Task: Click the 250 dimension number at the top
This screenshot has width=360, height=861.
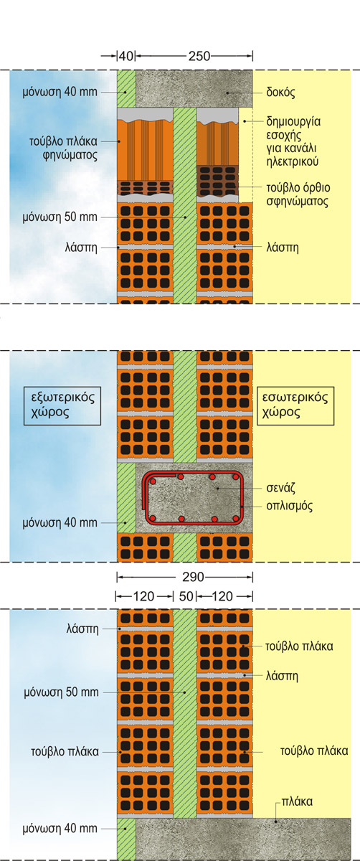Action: click(199, 56)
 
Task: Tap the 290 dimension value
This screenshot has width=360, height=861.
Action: click(193, 577)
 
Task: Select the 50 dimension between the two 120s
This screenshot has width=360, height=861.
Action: click(186, 596)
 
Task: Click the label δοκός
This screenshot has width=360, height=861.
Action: click(280, 93)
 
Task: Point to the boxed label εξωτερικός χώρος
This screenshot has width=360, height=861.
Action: click(62, 405)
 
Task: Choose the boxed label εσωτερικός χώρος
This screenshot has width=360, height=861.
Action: click(295, 405)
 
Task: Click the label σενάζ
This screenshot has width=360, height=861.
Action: click(281, 488)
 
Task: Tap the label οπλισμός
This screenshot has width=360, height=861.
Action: click(289, 506)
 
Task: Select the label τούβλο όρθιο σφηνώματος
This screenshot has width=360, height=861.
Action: click(298, 194)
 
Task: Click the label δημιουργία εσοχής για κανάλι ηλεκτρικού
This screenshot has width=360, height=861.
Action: click(293, 141)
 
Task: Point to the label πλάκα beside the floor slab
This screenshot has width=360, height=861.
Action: click(297, 801)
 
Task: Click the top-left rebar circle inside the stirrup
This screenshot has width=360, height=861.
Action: click(153, 481)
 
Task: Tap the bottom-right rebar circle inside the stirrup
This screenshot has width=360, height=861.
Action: click(235, 519)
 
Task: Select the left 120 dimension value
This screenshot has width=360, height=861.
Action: click(143, 596)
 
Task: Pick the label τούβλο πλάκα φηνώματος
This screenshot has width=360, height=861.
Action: click(63, 149)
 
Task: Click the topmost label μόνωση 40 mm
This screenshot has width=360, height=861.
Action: click(60, 93)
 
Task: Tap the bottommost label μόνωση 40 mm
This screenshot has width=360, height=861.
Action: click(60, 828)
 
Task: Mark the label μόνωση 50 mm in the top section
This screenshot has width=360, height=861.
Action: click(60, 217)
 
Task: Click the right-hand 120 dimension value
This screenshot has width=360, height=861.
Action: click(222, 596)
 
